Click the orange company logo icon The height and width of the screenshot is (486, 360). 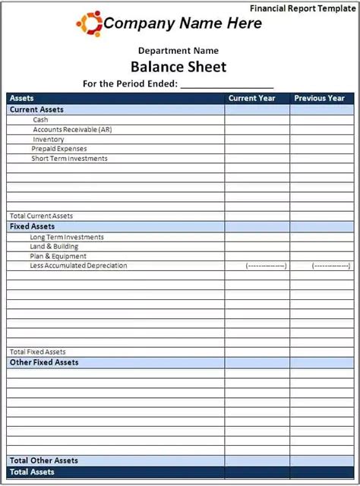[89, 24]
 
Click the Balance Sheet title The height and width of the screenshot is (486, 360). [178, 66]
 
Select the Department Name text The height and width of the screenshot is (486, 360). [178, 51]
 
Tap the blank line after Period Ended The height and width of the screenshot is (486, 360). [227, 84]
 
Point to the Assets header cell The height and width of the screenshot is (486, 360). [21, 98]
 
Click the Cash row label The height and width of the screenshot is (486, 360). [40, 120]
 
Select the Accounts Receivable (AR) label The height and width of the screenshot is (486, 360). [72, 130]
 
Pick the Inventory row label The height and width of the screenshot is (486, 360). [49, 140]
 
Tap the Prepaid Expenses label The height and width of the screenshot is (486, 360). [59, 149]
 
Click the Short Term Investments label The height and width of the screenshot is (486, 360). [69, 159]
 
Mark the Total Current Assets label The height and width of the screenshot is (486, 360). [41, 216]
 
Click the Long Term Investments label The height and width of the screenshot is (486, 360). [67, 237]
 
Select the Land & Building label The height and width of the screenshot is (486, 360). [54, 247]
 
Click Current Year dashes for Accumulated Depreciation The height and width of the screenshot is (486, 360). [266, 266]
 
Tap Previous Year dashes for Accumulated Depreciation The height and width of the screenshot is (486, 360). [332, 266]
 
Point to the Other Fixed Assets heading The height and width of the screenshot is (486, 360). [44, 362]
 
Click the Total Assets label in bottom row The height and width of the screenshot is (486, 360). [32, 472]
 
